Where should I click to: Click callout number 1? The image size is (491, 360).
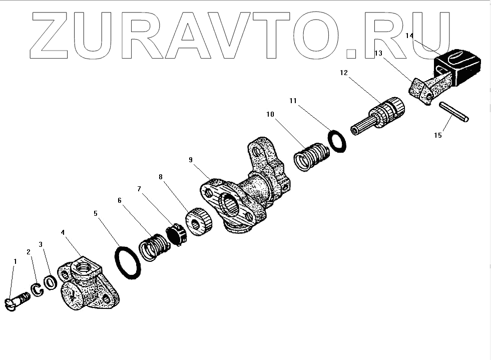pos(15,261)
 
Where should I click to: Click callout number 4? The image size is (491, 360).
pos(62,232)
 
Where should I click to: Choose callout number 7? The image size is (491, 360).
pos(139,189)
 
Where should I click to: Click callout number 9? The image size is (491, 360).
pos(191,160)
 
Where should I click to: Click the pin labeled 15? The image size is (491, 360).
pos(454,112)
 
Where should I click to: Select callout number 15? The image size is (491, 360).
pos(437,135)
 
